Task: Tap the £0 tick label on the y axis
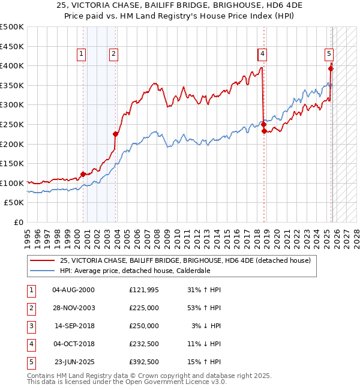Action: [x=18, y=222]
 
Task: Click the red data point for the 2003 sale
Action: [x=116, y=134]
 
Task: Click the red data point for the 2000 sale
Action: [x=83, y=175]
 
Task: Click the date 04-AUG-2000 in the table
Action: [x=73, y=290]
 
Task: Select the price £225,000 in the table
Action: [x=144, y=308]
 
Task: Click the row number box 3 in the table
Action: [x=31, y=326]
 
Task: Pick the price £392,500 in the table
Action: [x=144, y=362]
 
